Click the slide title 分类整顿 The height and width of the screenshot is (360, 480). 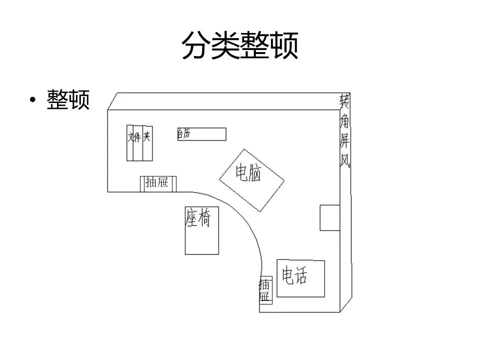point(239,46)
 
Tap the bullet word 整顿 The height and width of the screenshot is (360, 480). point(68,99)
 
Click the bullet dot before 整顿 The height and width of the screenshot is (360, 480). point(33,100)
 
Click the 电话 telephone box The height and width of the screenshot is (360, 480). point(301,278)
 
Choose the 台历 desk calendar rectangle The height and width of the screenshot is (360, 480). point(202,134)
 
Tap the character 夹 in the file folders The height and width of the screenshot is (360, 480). point(147,136)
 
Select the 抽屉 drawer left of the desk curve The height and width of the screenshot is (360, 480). point(158,183)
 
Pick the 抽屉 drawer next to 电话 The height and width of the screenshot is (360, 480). point(265,290)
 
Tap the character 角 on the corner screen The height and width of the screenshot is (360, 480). point(344,121)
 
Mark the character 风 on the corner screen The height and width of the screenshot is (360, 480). point(345,159)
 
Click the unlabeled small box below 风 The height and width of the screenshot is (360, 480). point(329,217)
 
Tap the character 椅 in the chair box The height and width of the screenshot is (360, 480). point(204,218)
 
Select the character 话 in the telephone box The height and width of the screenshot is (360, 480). point(300,275)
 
